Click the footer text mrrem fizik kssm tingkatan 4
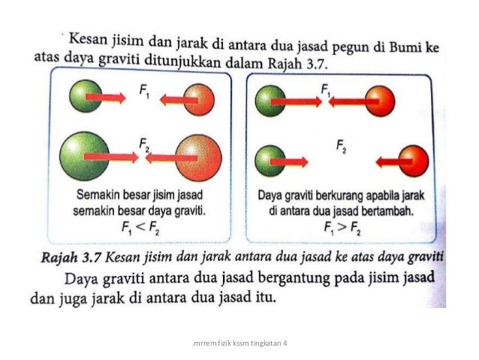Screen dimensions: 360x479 click(x=239, y=343)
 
